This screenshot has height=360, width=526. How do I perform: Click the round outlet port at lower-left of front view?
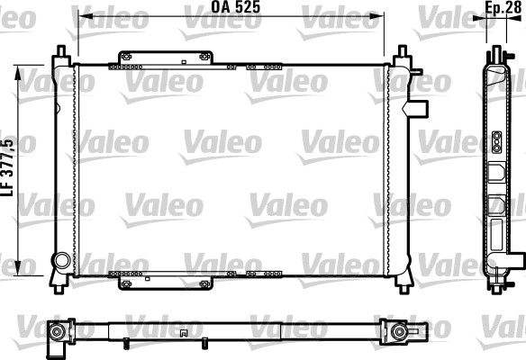coord(61,261)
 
